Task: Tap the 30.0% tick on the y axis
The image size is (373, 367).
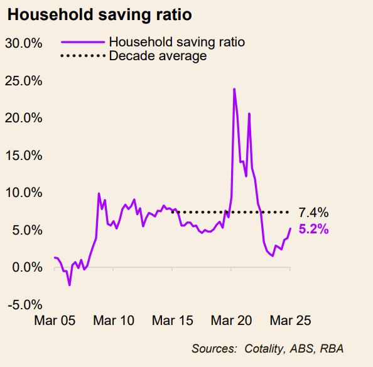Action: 24,43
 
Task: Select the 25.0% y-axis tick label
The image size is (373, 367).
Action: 24,81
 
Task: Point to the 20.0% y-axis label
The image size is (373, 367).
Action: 24,118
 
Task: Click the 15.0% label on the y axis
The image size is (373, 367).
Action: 24,156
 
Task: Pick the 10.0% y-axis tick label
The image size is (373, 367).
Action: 24,193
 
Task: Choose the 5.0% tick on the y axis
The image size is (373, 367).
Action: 27,230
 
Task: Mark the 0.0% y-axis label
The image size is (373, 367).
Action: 27,267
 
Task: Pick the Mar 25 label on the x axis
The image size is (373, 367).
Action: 291,320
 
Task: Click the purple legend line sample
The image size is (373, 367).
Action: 82,43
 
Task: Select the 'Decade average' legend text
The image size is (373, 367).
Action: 158,56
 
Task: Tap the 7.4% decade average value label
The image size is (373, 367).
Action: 313,213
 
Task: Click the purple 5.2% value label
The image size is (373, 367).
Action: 313,230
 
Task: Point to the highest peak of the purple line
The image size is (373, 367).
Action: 234,89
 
